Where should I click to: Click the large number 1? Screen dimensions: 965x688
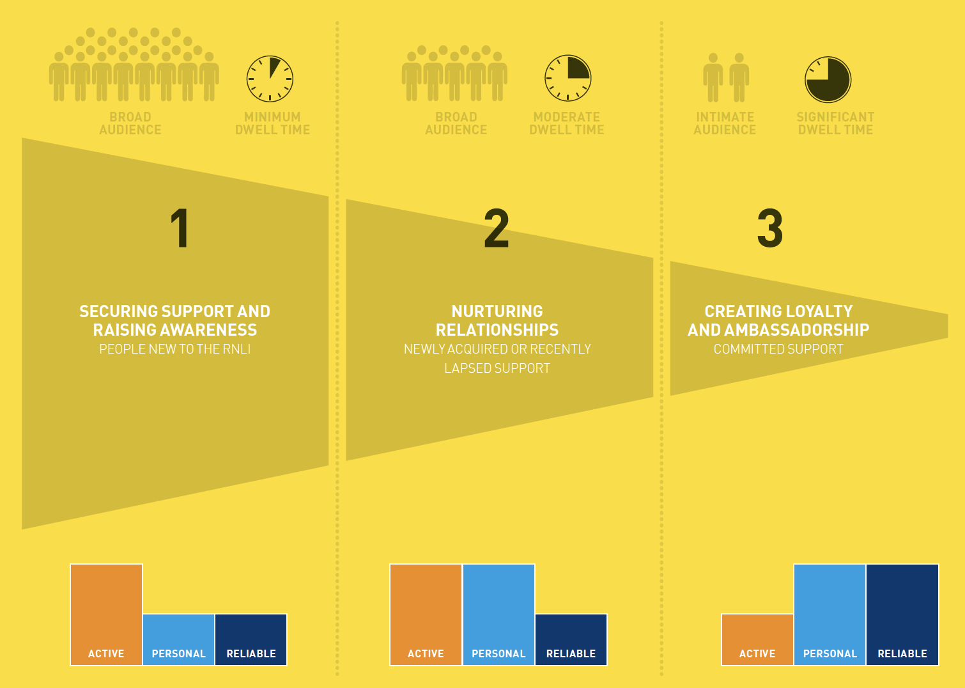click(180, 228)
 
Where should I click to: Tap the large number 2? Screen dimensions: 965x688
click(497, 228)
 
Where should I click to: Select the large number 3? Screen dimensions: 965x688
click(770, 228)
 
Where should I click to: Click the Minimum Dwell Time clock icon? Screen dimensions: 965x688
click(270, 79)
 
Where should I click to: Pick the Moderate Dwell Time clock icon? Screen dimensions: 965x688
click(567, 78)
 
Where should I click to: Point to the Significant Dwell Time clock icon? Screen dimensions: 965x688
click(828, 80)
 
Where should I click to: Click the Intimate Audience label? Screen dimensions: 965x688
click(725, 123)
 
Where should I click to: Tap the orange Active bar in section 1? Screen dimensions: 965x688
click(107, 614)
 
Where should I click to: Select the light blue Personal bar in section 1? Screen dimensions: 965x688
click(179, 639)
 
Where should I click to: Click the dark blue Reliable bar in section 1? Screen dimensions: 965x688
click(251, 639)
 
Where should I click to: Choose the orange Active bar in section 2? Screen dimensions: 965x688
click(426, 614)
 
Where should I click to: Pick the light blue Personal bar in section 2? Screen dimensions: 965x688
click(499, 614)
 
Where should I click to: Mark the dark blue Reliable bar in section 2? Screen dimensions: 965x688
click(571, 639)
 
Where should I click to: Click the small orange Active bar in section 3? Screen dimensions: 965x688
click(757, 639)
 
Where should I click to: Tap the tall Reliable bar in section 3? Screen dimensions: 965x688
click(902, 614)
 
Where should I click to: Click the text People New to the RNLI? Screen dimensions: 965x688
click(175, 349)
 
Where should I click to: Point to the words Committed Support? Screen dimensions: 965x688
click(778, 349)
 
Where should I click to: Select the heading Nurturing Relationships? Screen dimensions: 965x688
click(497, 321)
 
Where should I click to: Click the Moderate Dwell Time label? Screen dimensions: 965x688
click(567, 123)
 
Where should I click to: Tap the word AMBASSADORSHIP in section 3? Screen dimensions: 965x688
click(796, 330)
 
